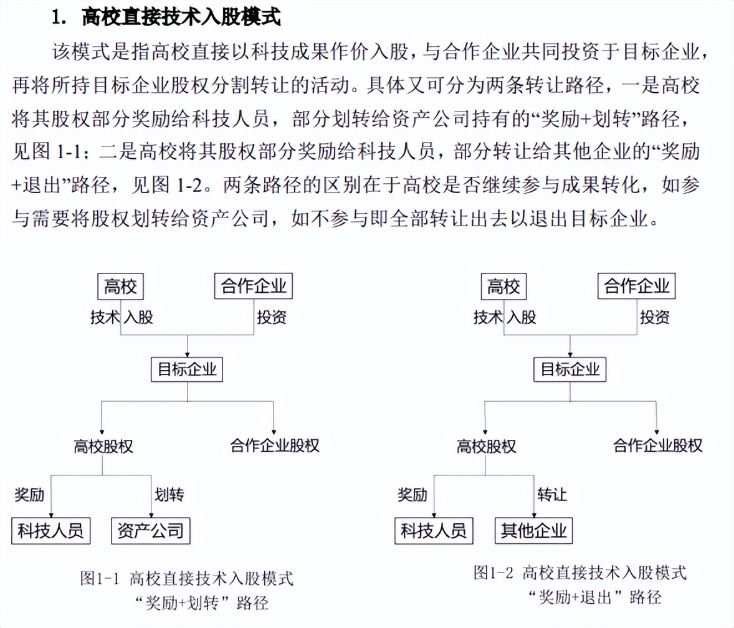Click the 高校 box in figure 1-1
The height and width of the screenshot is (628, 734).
click(120, 287)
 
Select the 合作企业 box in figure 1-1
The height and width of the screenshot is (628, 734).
click(253, 286)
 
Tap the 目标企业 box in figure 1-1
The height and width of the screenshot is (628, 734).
click(187, 369)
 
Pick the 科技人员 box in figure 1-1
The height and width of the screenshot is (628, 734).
click(50, 531)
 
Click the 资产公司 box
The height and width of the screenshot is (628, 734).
click(150, 531)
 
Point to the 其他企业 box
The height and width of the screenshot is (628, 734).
click(533, 530)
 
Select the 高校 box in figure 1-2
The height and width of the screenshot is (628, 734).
click(503, 287)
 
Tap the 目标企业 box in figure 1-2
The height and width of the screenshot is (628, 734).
click(570, 369)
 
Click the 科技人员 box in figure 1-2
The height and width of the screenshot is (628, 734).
click(434, 530)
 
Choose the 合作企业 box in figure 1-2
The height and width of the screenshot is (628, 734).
click(637, 286)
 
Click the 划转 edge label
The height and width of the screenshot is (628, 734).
click(169, 494)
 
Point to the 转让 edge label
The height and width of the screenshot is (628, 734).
click(553, 494)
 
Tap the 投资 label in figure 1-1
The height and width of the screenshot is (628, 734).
click(272, 317)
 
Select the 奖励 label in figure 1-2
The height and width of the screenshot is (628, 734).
click(412, 494)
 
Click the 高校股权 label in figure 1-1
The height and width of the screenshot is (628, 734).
click(103, 446)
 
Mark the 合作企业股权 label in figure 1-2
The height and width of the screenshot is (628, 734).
click(658, 445)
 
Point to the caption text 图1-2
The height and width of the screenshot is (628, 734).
click(493, 573)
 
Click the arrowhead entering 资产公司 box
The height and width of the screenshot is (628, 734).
click(151, 515)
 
